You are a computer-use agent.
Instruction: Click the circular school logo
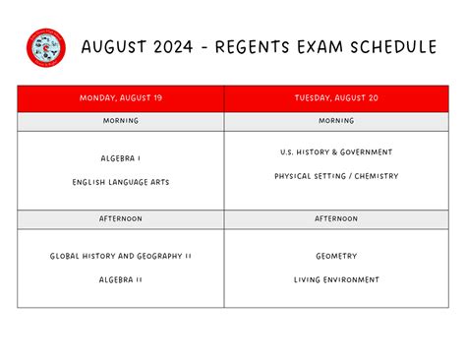tap(45, 47)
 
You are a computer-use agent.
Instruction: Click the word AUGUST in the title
tap(117, 47)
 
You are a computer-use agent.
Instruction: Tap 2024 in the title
tap(181, 47)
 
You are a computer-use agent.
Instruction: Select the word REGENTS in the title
tap(261, 47)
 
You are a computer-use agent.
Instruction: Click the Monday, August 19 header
tap(120, 97)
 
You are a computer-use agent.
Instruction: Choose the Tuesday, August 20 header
tap(336, 97)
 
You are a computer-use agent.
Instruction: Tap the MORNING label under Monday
tap(120, 121)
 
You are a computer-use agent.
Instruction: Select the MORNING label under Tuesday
tap(336, 121)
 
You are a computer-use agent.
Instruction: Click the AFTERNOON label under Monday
tap(120, 218)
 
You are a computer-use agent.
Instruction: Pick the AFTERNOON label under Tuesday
tap(336, 218)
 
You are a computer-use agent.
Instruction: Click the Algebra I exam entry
tap(120, 158)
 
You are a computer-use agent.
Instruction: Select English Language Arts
tap(120, 182)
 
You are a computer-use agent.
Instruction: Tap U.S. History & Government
tap(336, 152)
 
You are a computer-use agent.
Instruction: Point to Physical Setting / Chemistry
tap(336, 176)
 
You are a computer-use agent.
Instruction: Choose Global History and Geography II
tap(120, 256)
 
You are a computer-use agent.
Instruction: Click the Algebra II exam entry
tap(120, 279)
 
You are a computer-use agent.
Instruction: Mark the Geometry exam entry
tap(336, 256)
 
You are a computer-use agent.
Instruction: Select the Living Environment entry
tap(336, 279)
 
